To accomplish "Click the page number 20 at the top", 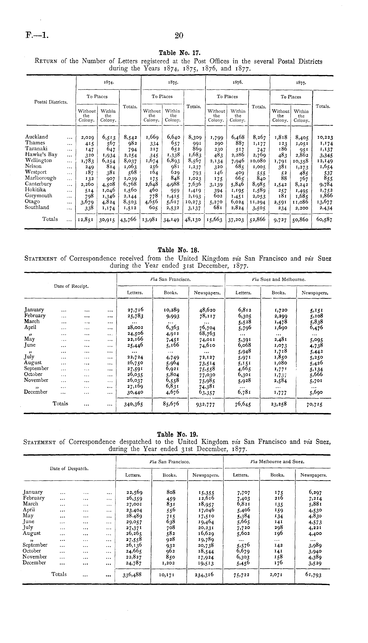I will pos(179,36).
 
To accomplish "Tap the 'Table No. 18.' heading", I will pos(178,250).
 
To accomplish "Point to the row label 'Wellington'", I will pos(38,160).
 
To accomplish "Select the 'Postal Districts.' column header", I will pos(51,102).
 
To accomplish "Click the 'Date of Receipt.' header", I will pos(71,286).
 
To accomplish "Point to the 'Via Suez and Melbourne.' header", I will pos(279,279).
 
